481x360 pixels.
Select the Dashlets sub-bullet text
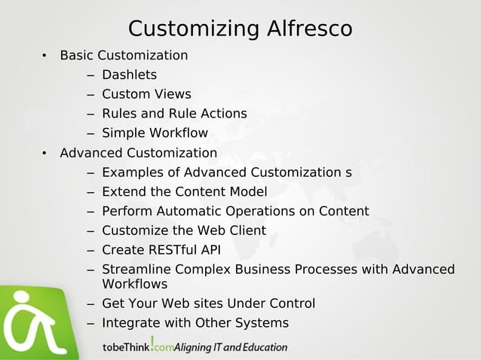(x=129, y=75)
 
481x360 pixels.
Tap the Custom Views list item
(x=146, y=94)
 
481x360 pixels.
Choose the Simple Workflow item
(x=155, y=133)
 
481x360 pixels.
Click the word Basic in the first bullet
(x=77, y=55)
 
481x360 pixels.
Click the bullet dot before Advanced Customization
(x=44, y=154)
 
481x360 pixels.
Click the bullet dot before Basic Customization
(x=44, y=56)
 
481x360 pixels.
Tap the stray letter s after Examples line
(x=348, y=172)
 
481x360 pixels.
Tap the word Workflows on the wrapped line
(x=134, y=284)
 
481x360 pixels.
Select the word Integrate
(x=130, y=323)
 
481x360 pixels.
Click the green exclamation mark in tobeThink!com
(x=152, y=343)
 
